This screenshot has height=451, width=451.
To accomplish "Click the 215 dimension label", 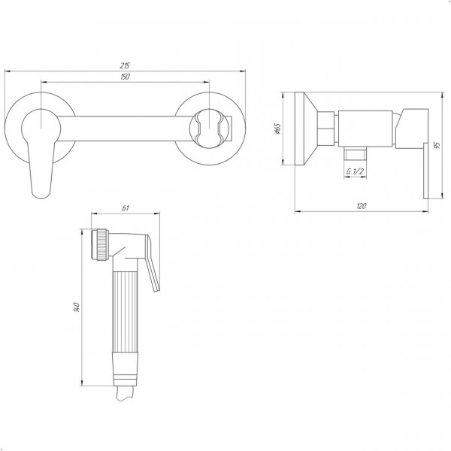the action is click(x=125, y=65).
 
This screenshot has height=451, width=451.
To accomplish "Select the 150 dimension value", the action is click(x=125, y=77).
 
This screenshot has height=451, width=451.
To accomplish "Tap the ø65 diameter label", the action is click(x=277, y=129).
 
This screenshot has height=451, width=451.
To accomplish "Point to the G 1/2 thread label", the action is click(x=355, y=171).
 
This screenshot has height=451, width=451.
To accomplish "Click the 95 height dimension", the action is click(x=437, y=145).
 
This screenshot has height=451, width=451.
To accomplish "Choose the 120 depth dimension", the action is click(x=362, y=206).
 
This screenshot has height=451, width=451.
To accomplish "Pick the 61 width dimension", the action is click(x=126, y=208).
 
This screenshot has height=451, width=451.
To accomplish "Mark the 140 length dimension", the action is click(x=77, y=307).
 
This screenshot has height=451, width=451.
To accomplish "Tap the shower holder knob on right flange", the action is click(x=210, y=129).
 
